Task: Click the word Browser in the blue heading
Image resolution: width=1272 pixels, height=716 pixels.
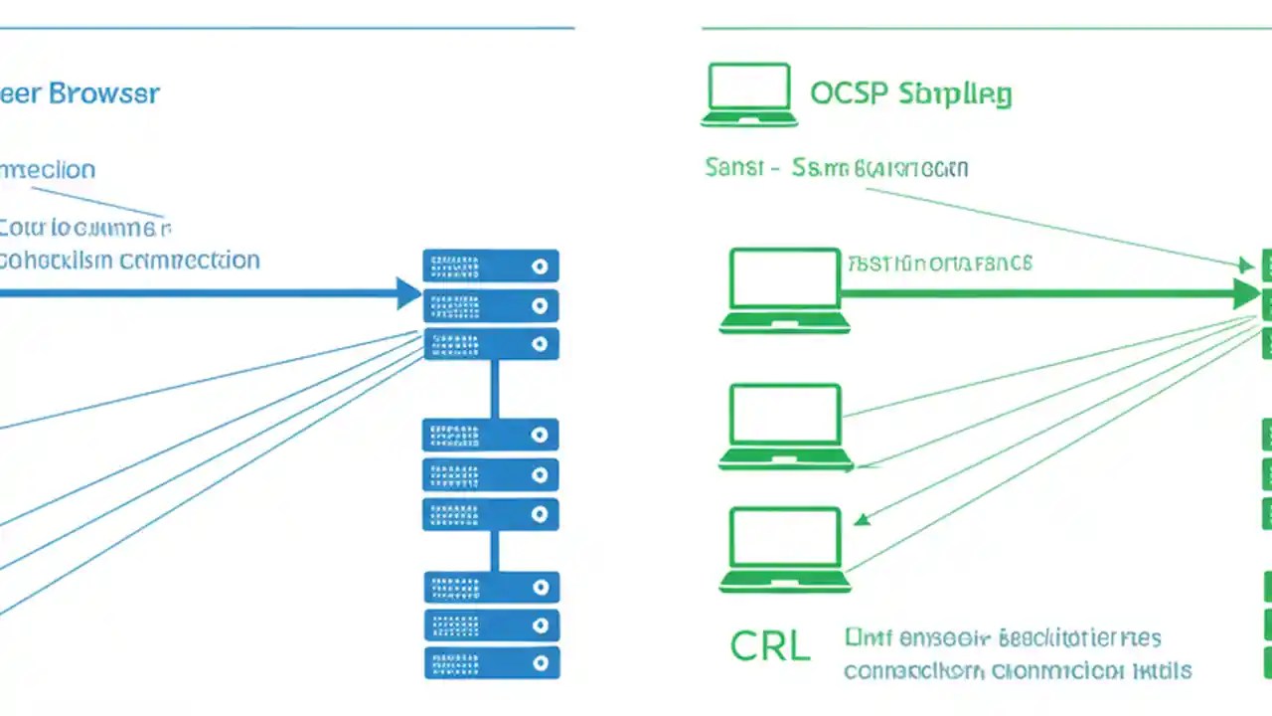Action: [x=103, y=94]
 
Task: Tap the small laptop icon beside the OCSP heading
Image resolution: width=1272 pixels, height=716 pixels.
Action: [x=749, y=95]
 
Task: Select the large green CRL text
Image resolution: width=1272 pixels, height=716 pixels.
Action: [x=770, y=646]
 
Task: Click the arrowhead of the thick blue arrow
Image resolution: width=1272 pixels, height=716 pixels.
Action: [x=408, y=293]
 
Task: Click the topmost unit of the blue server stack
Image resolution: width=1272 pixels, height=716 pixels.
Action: [x=491, y=267]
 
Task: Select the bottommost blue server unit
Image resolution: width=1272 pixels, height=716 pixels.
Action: [x=491, y=662]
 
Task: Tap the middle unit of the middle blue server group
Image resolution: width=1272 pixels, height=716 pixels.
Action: [x=491, y=474]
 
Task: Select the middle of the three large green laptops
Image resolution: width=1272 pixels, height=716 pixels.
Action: [x=785, y=427]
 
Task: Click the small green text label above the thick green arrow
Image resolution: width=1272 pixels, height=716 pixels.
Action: [x=939, y=264]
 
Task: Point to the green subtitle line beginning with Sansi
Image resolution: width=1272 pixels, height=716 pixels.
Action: [x=836, y=168]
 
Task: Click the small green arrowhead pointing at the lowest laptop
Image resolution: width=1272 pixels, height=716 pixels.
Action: [x=862, y=518]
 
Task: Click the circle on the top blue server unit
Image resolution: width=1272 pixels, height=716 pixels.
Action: [x=540, y=267]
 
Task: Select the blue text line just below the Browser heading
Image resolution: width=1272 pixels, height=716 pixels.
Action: [x=48, y=170]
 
